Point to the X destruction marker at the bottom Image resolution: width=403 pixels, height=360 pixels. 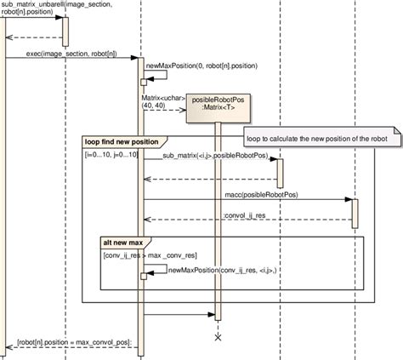[x=218, y=339]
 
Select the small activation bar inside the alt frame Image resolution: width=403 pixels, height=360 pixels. [x=144, y=275]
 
